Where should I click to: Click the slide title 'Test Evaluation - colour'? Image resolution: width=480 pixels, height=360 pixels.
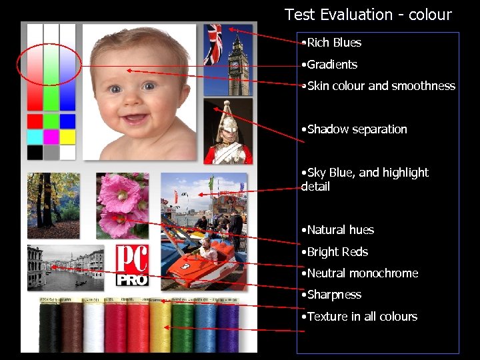[x=368, y=15]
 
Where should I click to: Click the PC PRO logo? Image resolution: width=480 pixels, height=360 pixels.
[x=132, y=265]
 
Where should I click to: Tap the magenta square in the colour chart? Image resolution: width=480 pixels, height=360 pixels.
[x=51, y=137]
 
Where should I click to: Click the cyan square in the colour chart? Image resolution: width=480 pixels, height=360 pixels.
[x=35, y=137]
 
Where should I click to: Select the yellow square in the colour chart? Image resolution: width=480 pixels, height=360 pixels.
[x=67, y=137]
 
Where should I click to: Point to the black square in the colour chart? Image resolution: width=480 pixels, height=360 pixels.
[x=35, y=152]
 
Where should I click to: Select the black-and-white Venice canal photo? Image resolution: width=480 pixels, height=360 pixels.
[x=65, y=268]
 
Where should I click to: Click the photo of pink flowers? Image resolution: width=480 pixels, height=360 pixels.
[x=122, y=205]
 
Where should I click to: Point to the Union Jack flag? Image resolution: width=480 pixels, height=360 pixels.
[x=213, y=41]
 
